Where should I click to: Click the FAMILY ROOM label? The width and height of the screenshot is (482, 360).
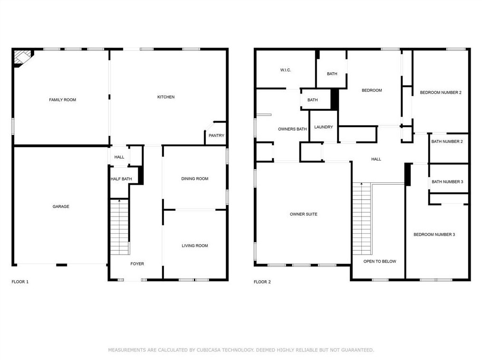[x=62, y=100]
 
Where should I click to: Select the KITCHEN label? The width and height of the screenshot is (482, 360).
[x=166, y=97]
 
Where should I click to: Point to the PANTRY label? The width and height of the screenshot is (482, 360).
[x=216, y=135]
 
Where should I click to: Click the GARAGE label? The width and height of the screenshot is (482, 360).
[x=61, y=207]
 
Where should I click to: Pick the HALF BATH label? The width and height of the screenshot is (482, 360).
[x=121, y=179]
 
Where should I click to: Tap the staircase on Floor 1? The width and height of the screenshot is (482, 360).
[x=119, y=227]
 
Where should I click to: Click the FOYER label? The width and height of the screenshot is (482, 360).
[x=137, y=264]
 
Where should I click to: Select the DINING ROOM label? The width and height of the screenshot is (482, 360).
[x=195, y=179]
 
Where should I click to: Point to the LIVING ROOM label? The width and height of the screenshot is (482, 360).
[x=195, y=246]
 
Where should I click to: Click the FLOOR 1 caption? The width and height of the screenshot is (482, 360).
[x=20, y=282]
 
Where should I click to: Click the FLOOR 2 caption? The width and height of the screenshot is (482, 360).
[x=262, y=282]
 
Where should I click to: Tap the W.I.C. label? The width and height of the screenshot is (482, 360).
[x=286, y=70]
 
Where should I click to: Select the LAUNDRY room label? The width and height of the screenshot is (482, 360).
[x=323, y=127]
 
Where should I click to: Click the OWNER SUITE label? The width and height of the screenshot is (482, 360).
[x=303, y=214]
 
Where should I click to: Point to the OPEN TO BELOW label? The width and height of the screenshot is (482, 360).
[x=380, y=261]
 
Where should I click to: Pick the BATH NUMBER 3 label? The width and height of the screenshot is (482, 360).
[x=447, y=182]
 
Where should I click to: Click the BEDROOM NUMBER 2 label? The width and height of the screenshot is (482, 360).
[x=441, y=93]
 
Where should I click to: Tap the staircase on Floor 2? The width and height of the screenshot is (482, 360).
[x=362, y=218]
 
